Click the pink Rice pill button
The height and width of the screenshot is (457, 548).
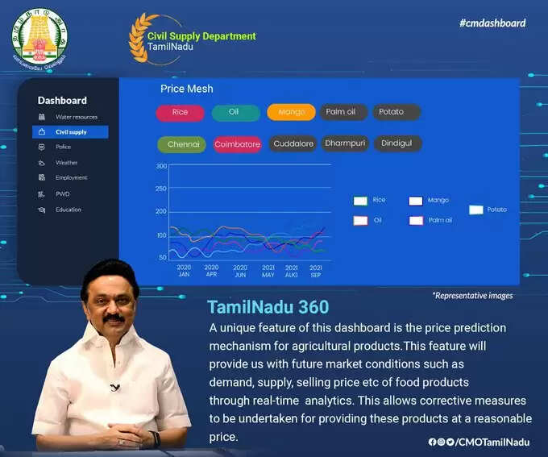coord(181,112)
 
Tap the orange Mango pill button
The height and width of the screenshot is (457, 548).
coord(291,112)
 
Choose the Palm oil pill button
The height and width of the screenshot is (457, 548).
coord(341,112)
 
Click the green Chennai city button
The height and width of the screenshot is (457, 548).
coord(182,144)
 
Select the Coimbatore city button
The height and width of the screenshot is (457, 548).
coord(238,144)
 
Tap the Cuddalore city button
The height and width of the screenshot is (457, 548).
coord(293,143)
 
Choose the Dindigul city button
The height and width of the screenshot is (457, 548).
coord(396,143)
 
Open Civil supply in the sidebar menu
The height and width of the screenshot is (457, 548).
coord(70,131)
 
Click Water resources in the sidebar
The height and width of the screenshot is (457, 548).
coord(76,117)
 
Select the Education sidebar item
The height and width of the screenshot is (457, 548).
coord(68,210)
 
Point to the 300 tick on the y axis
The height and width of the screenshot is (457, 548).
coord(162,166)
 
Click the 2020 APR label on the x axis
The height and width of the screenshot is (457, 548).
coord(211,271)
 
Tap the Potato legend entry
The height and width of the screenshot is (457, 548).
coord(488,210)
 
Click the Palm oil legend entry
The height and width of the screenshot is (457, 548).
coord(430,220)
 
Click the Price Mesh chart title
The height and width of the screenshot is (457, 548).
coord(187,89)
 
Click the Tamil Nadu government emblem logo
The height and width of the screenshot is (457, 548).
coord(39,37)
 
